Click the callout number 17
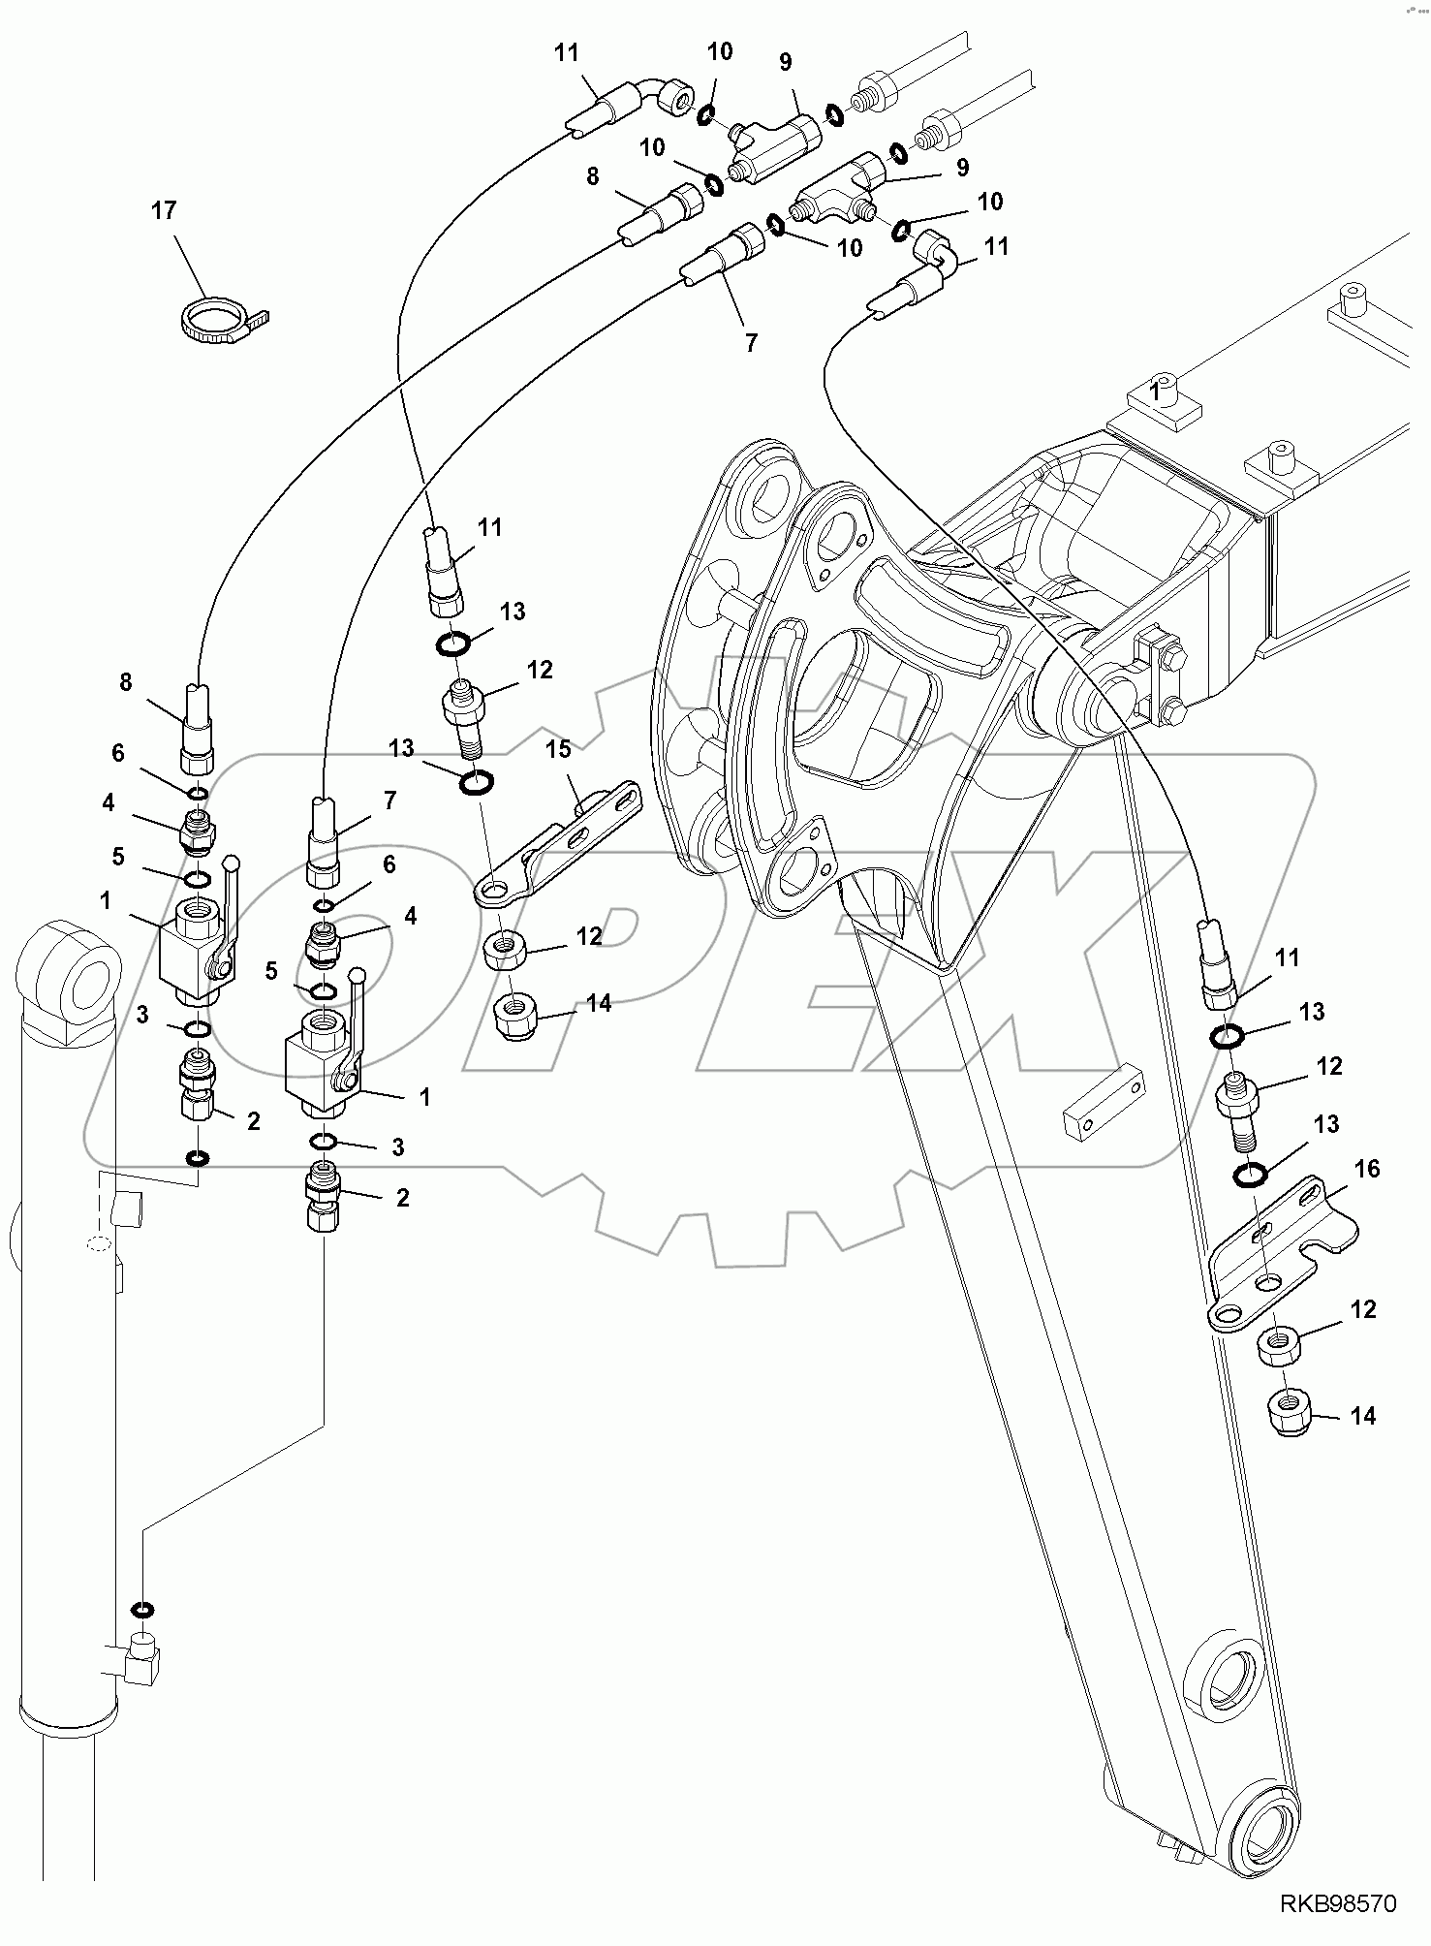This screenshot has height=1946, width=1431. (164, 210)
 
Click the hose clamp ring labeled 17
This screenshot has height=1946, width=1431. (214, 321)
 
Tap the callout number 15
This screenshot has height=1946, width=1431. (558, 750)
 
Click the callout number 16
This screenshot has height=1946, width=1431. (1366, 1170)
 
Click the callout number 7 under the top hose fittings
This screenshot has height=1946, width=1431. (751, 343)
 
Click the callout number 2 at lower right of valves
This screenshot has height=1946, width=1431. (402, 1198)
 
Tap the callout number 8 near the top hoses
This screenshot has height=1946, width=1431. (593, 176)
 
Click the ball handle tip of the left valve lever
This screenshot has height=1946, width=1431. (232, 861)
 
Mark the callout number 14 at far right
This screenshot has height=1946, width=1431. (1362, 1417)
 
